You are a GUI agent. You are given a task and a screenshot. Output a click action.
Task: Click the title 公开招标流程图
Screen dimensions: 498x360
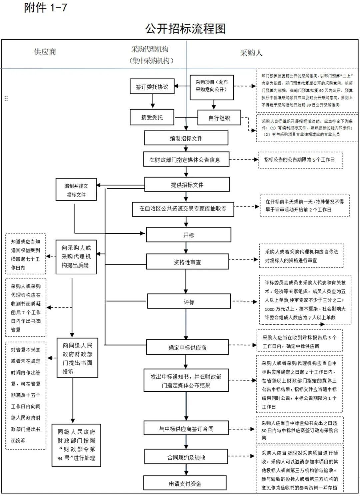[x=185, y=29]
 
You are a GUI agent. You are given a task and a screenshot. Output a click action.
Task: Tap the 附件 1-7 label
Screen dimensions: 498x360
[x=45, y=7]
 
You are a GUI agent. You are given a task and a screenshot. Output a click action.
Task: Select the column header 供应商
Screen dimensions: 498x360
[x=45, y=52]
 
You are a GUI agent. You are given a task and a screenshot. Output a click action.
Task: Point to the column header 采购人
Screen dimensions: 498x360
[x=251, y=53]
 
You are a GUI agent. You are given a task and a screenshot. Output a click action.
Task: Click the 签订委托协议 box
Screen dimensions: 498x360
[x=152, y=87]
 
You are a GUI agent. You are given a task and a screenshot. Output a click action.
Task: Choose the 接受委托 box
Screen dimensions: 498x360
[x=152, y=117]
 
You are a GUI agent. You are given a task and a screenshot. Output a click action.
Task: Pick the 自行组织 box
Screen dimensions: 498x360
[x=219, y=118]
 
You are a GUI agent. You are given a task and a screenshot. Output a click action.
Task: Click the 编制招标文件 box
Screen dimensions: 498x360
[x=186, y=138]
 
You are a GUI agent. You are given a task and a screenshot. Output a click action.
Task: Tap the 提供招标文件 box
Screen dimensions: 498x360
[x=187, y=185]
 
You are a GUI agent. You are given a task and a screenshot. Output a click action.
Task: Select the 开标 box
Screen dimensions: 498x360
[x=189, y=235]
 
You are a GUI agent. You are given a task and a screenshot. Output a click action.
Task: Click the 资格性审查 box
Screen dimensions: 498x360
[x=187, y=262]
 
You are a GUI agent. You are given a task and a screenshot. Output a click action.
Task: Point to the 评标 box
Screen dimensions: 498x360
[x=189, y=302]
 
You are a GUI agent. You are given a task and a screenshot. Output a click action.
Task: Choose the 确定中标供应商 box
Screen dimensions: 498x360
[x=187, y=347]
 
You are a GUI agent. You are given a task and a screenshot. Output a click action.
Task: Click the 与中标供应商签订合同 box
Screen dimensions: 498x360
[x=186, y=429]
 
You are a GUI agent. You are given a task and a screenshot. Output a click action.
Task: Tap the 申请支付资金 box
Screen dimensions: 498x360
[x=185, y=484]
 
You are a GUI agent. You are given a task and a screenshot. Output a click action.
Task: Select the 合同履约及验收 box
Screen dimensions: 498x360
[x=186, y=457]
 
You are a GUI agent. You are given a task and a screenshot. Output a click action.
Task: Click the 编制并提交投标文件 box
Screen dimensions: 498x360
[x=76, y=190]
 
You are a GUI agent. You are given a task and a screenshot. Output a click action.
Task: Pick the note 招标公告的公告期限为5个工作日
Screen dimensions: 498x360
[x=299, y=160]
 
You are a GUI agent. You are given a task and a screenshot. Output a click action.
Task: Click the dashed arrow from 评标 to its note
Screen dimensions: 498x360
[x=244, y=302]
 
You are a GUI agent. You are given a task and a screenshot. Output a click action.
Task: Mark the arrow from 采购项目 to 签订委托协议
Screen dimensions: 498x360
[x=182, y=86]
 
